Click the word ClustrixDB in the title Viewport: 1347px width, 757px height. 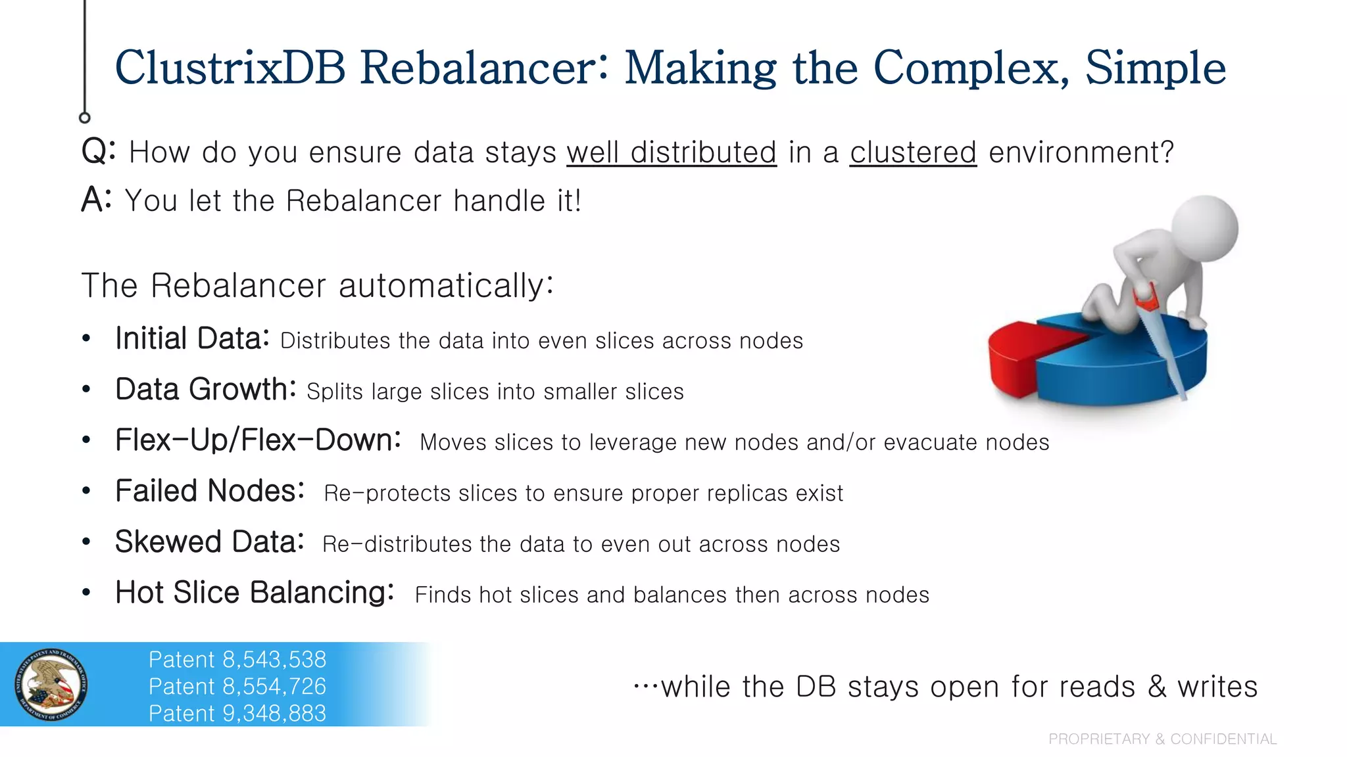(230, 68)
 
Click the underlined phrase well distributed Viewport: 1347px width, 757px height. (672, 152)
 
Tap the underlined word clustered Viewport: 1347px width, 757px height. (913, 152)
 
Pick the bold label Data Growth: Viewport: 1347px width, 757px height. (205, 390)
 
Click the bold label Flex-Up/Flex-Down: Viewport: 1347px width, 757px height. (258, 440)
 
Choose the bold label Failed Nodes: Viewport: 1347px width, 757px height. (209, 491)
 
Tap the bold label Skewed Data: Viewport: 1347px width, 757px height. (209, 542)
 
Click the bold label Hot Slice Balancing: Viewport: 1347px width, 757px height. (255, 593)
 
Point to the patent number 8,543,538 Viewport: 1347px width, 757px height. (274, 660)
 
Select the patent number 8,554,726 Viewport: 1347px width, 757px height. (274, 687)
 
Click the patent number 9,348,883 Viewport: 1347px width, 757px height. (274, 714)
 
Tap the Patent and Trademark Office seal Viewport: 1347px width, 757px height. (51, 685)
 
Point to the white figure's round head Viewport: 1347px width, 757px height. (1205, 229)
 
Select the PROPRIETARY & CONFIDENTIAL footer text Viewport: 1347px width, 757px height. (1162, 739)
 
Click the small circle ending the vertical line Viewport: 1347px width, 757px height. (84, 118)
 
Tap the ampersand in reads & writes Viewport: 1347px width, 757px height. (1157, 687)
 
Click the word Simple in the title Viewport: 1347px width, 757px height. (1155, 68)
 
